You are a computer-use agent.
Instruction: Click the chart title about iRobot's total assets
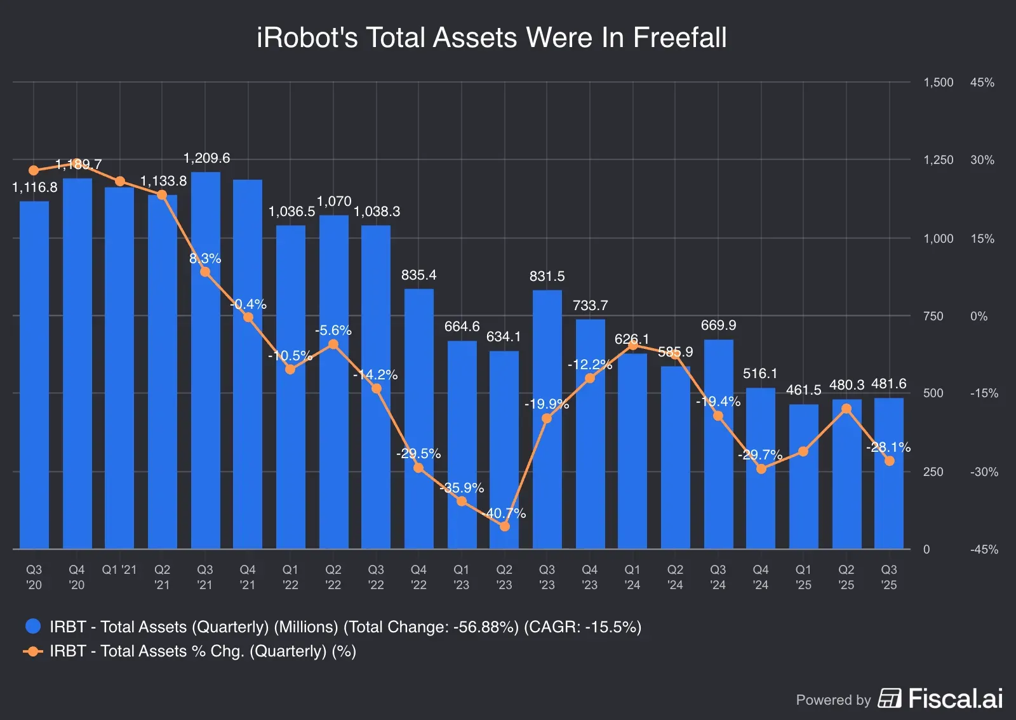[491, 37]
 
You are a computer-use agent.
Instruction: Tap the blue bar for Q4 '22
[419, 419]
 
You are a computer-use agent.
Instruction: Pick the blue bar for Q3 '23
[547, 419]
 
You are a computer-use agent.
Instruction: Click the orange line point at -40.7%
[505, 526]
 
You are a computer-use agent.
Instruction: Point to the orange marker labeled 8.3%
[205, 272]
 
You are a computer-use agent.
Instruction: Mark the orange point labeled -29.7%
[761, 469]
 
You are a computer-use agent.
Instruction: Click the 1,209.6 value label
[206, 158]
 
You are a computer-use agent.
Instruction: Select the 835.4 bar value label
[418, 275]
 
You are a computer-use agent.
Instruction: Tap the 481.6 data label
[888, 384]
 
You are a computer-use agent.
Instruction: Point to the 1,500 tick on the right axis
[938, 83]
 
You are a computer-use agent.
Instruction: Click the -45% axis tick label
[984, 550]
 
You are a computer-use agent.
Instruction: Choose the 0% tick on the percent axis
[979, 316]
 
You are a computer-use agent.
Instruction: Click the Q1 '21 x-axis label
[119, 570]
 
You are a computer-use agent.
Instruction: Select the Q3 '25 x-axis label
[889, 577]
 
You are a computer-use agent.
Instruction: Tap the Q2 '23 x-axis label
[504, 577]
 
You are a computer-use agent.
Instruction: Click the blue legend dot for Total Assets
[33, 627]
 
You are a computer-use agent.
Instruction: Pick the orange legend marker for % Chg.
[33, 651]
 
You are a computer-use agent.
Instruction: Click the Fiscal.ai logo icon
[890, 698]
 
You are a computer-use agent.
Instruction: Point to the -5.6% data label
[333, 330]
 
